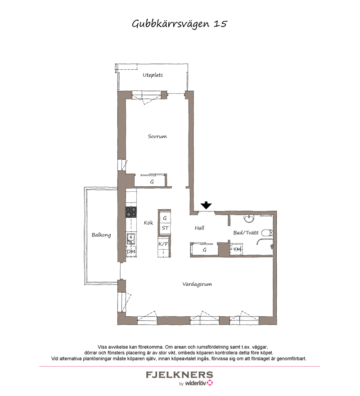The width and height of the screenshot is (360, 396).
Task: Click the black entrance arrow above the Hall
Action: pyautogui.click(x=206, y=206)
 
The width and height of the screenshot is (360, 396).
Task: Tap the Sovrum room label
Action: pyautogui.click(x=157, y=136)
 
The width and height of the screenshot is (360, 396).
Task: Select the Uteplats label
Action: pyautogui.click(x=153, y=75)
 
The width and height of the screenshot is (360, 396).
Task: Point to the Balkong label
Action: pyautogui.click(x=101, y=235)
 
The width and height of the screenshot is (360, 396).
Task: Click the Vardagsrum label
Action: pyautogui.click(x=197, y=284)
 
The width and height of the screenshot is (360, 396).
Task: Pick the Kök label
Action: pyautogui.click(x=148, y=223)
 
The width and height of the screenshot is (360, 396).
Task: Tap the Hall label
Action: pyautogui.click(x=199, y=228)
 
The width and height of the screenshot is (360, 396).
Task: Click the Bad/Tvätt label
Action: pyautogui.click(x=246, y=233)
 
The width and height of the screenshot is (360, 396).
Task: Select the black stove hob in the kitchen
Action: pyautogui.click(x=131, y=212)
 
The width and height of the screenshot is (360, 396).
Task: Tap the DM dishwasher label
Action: pyautogui.click(x=131, y=252)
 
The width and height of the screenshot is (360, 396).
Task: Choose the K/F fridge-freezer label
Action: pyautogui.click(x=163, y=244)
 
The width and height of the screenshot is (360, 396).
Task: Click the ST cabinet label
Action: pyautogui.click(x=165, y=228)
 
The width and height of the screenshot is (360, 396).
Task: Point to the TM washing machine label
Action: pyautogui.click(x=237, y=249)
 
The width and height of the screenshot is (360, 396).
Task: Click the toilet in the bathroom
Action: pyautogui.click(x=267, y=233)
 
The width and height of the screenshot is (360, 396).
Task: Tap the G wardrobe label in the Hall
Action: pyautogui.click(x=204, y=249)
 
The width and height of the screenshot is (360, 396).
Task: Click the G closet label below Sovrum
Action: pyautogui.click(x=152, y=182)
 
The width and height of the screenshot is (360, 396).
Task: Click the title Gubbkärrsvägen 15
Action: pyautogui.click(x=180, y=24)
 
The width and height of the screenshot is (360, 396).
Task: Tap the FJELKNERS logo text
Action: pyautogui.click(x=179, y=374)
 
